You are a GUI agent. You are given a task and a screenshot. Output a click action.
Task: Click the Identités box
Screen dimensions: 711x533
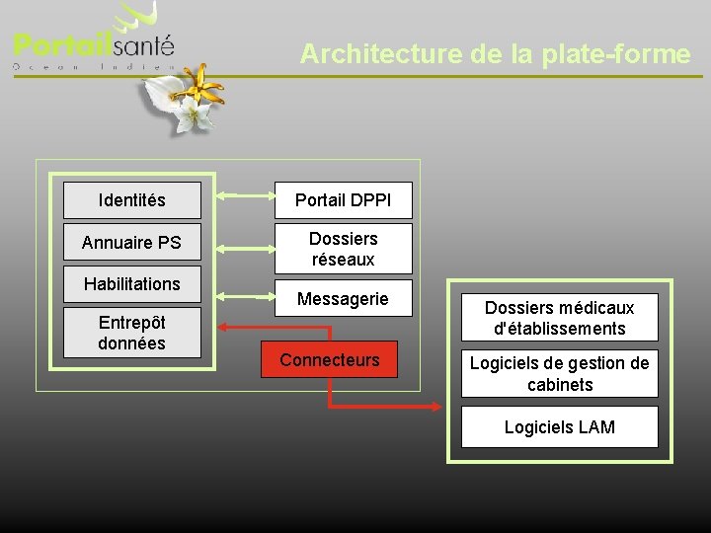tap(132, 200)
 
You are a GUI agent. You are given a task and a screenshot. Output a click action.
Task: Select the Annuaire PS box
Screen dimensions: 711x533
tap(132, 242)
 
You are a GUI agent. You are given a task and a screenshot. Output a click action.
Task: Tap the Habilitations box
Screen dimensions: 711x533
tap(132, 284)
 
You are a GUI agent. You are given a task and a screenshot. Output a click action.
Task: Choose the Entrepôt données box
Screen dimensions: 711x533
tap(132, 333)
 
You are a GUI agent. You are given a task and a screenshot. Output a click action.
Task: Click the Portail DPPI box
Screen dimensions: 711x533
tap(344, 200)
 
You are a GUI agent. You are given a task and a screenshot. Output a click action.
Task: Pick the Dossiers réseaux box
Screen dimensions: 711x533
tap(344, 249)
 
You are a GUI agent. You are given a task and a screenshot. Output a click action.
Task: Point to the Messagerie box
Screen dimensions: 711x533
tap(344, 298)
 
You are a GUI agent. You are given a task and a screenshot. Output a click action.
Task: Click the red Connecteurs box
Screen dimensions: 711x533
tap(330, 359)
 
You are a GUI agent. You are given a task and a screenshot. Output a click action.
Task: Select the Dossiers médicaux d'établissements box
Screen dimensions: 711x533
tap(560, 318)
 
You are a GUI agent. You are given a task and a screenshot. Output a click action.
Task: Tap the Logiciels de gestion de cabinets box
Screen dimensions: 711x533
tap(560, 373)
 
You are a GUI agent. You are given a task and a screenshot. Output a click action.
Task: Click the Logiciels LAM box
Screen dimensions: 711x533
tap(560, 427)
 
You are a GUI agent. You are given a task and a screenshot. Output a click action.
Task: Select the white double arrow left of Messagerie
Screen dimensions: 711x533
tap(237, 294)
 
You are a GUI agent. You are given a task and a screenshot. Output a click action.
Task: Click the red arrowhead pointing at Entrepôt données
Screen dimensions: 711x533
tap(223, 327)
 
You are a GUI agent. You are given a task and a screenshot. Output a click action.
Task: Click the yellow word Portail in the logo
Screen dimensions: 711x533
tap(61, 45)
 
